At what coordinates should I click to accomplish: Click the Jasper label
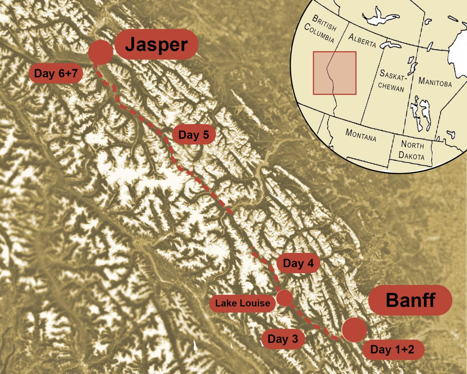pos(156,45)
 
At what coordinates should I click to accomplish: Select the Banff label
pos(410,300)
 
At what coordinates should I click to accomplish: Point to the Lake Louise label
pos(243,303)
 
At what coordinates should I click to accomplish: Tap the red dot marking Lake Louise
pos(285,298)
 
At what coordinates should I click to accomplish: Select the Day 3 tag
pos(283,339)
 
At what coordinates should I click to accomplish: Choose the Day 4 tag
pos(298,263)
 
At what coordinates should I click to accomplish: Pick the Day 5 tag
pos(193,135)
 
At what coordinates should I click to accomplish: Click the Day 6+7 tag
pos(56,74)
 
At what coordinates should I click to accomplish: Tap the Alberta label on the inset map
pos(362,40)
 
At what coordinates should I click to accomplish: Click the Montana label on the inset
pos(361,135)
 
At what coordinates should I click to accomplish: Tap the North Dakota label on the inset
pos(412,150)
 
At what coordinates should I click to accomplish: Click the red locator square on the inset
pos(335,73)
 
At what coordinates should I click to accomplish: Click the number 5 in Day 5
pos(205,135)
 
